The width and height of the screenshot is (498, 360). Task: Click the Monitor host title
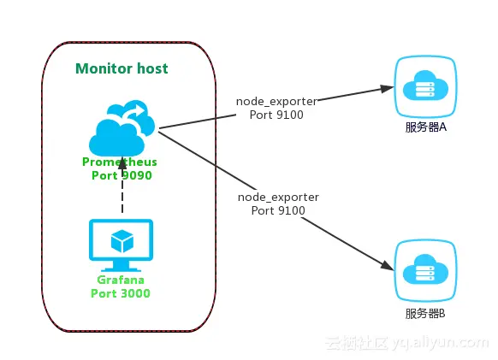tap(122, 68)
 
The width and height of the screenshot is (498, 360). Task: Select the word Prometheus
tap(120, 162)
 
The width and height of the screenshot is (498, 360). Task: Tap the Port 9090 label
tap(122, 175)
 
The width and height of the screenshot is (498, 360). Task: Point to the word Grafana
tap(121, 280)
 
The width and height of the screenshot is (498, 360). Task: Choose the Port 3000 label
tap(121, 293)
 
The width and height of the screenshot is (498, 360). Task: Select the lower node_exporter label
tap(278, 197)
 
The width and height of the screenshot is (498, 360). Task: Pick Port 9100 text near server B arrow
tap(279, 210)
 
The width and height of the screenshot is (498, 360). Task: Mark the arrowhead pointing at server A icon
tap(385, 87)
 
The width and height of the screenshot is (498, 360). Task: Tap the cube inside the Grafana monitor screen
tap(122, 241)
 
